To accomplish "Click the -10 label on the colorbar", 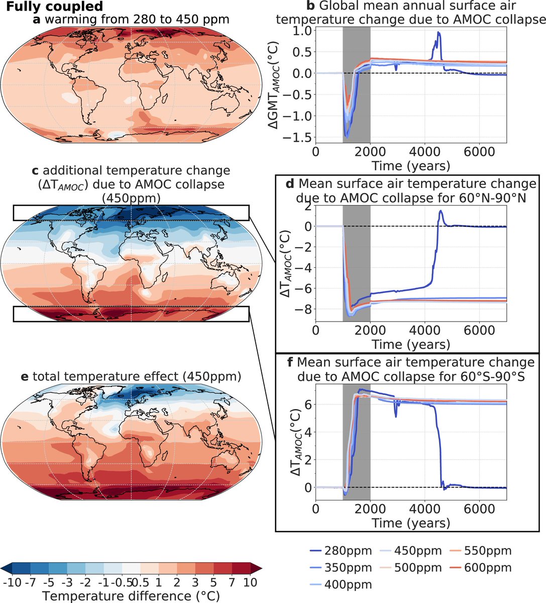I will click(11, 583).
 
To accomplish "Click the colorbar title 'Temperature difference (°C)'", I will click(130, 596).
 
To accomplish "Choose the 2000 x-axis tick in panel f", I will click(370, 509).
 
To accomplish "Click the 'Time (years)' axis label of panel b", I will click(411, 165).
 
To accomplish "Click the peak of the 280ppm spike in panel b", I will click(439, 32).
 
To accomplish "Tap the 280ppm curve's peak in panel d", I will click(441, 211).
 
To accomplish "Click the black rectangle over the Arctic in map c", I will click(131, 213).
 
